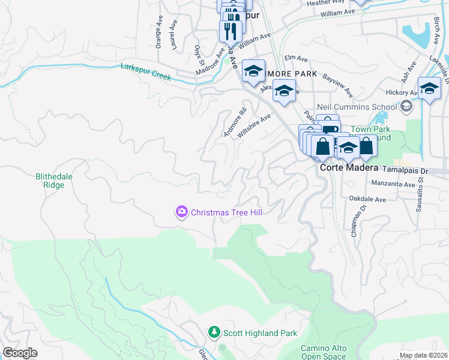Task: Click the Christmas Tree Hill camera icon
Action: point(181,212)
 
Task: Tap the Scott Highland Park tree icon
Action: point(214,332)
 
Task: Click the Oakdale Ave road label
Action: point(366,197)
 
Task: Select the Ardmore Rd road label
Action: point(235,122)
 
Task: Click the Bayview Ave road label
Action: point(337,85)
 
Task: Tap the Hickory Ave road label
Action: point(402,93)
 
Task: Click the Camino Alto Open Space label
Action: point(324,352)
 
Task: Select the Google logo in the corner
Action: point(20,353)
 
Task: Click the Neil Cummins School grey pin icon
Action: point(406,107)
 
